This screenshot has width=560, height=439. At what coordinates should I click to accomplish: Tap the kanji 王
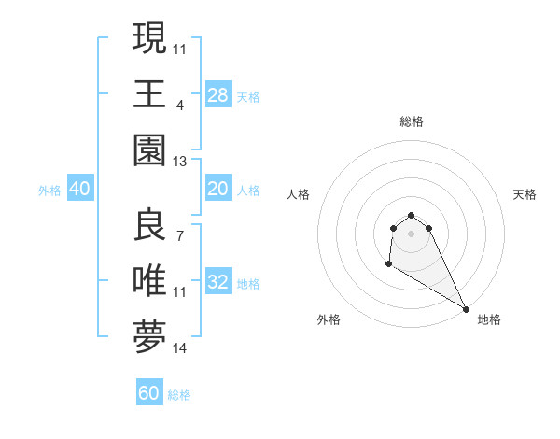point(149,93)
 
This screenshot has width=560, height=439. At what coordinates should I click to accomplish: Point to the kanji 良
point(149,224)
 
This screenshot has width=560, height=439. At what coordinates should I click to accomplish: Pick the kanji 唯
point(149,280)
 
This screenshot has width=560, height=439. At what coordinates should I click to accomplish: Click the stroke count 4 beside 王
point(179,105)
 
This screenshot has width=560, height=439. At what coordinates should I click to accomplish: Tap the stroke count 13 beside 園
point(180,162)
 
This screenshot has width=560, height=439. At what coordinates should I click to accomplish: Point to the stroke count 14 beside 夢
point(180,348)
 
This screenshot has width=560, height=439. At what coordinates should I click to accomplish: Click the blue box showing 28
point(217,95)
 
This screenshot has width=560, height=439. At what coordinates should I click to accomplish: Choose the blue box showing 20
point(217,189)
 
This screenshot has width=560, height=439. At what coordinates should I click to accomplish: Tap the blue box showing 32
point(217,282)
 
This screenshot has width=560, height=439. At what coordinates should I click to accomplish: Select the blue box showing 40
point(79,189)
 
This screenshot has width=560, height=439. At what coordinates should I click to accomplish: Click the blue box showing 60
point(149,393)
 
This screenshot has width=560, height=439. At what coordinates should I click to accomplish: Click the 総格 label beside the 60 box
point(179,395)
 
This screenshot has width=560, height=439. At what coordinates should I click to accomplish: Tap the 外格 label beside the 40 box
point(49,191)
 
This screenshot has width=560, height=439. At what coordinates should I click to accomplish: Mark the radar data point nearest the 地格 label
point(466,309)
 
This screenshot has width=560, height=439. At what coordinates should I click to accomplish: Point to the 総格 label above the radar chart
point(411,121)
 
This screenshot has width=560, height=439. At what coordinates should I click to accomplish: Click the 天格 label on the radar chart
point(525,194)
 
